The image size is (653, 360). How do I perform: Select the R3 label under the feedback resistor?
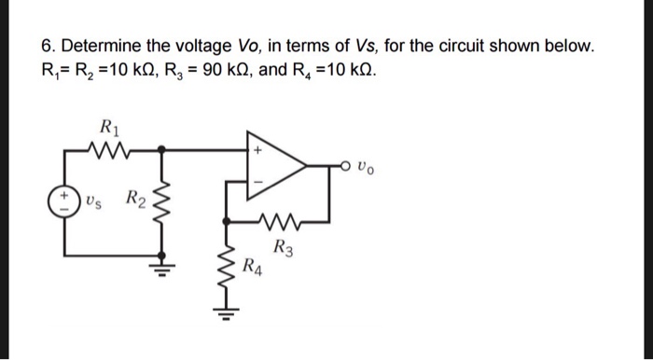[x=284, y=248]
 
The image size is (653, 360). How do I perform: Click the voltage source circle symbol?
[x=64, y=201]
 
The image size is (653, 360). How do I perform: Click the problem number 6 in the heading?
[x=47, y=46]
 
